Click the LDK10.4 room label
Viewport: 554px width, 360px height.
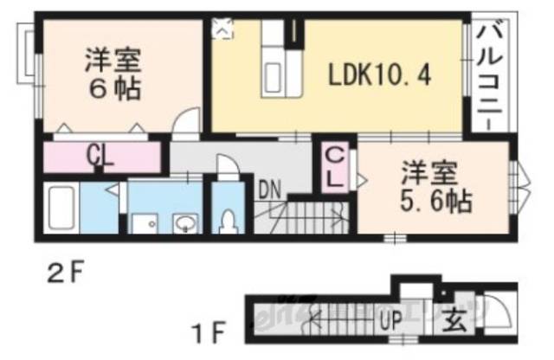pos(379,74)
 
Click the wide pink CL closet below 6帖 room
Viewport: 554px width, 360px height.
pos(100,157)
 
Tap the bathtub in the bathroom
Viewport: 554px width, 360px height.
pos(65,210)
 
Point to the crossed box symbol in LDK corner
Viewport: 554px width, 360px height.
pos(222,29)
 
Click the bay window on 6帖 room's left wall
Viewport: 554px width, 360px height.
pos(30,61)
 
